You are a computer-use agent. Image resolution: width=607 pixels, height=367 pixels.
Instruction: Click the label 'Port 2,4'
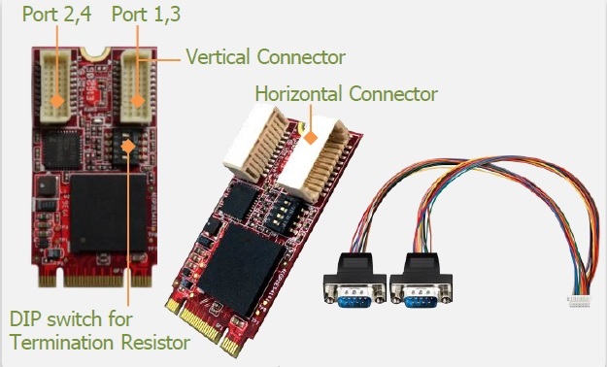click(57, 16)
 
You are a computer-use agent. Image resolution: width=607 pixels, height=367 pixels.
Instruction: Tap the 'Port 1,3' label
click(145, 16)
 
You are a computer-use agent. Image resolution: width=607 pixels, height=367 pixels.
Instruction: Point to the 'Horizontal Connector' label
click(346, 94)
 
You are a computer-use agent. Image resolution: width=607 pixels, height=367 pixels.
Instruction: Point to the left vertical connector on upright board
click(58, 83)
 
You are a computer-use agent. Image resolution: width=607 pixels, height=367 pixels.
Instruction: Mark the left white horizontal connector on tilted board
click(255, 150)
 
